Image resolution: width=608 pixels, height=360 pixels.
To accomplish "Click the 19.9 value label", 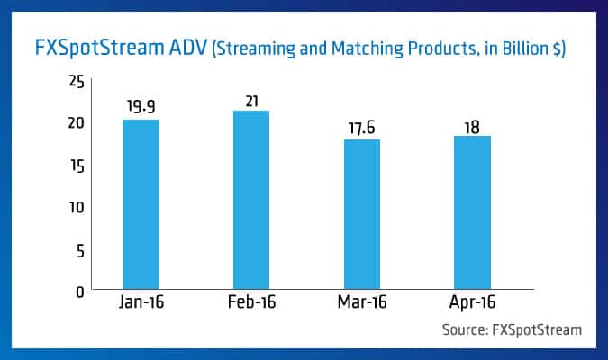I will pyautogui.click(x=141, y=107).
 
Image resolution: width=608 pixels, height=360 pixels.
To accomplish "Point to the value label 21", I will pyautogui.click(x=250, y=98).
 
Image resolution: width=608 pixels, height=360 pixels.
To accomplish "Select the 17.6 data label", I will pyautogui.click(x=361, y=127).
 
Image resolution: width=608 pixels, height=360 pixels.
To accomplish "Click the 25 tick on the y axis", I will pyautogui.click(x=77, y=82).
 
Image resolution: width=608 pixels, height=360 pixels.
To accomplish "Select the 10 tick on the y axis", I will pyautogui.click(x=77, y=207).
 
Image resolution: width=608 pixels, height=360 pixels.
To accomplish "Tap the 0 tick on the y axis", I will pyautogui.click(x=80, y=291).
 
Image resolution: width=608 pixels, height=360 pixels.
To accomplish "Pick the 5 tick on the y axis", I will pyautogui.click(x=80, y=249).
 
